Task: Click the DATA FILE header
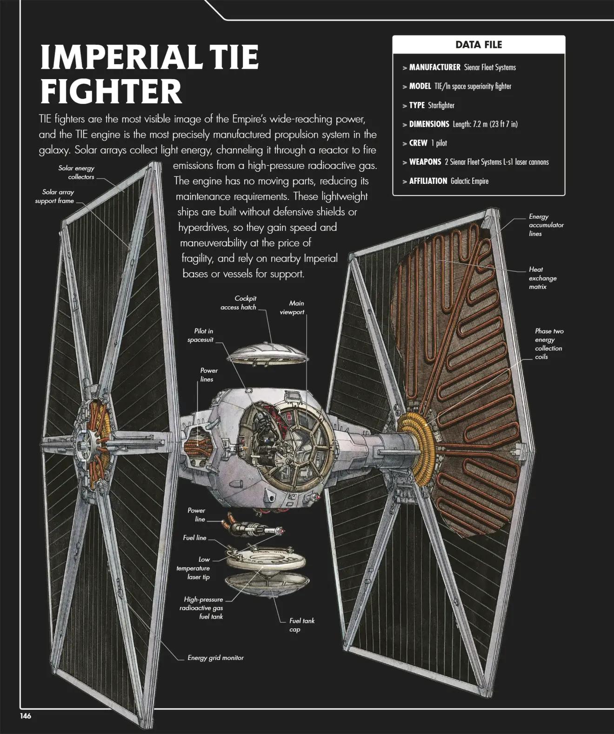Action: pos(479,45)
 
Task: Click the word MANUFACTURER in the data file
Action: pos(434,67)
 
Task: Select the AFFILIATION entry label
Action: pos(428,181)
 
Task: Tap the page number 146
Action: pos(26,716)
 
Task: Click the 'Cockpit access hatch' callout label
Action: pos(239,303)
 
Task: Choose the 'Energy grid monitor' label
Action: pos(215,658)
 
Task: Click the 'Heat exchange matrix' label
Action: pos(542,278)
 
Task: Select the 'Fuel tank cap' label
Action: pos(301,625)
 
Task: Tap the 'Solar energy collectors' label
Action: pos(77,172)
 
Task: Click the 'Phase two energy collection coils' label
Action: pos(548,344)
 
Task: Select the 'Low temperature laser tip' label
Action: pos(193,568)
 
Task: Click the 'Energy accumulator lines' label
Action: pos(546,225)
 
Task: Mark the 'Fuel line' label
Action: pos(194,538)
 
